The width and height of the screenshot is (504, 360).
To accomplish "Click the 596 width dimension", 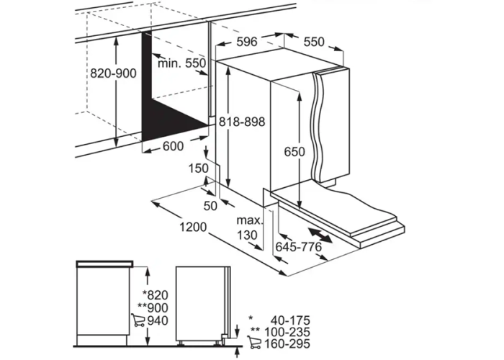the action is tap(247, 42).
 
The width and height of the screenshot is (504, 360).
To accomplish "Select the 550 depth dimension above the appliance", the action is tap(314, 42).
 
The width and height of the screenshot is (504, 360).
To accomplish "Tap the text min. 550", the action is tap(181, 63).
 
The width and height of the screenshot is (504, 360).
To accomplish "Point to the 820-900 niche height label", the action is tap(113, 73).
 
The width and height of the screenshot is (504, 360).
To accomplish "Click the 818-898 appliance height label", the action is tap(242, 122).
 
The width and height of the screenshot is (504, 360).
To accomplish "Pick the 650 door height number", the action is tap(294, 151).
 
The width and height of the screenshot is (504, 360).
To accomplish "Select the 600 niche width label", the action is tap(174, 146).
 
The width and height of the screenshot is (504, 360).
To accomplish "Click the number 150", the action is tap(198, 168).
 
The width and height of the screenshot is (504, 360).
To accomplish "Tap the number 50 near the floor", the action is tap(210, 206).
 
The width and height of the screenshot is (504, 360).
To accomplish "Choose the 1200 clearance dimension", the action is tap(193, 228).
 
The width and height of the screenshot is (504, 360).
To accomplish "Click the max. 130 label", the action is tap(248, 228).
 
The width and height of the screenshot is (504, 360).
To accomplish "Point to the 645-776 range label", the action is tap(299, 247).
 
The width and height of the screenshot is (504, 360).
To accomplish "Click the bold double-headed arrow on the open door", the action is tap(320, 235).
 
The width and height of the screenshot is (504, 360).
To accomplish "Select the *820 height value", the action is tap(156, 294).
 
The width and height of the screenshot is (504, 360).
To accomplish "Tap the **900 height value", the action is tap(153, 308).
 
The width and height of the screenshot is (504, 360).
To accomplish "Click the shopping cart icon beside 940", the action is tap(138, 320).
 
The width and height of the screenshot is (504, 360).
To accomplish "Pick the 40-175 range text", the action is tap(290, 320).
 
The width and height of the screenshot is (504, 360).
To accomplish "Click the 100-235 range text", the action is tap(287, 332).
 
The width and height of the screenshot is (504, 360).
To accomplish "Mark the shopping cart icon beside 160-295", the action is tap(254, 342).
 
